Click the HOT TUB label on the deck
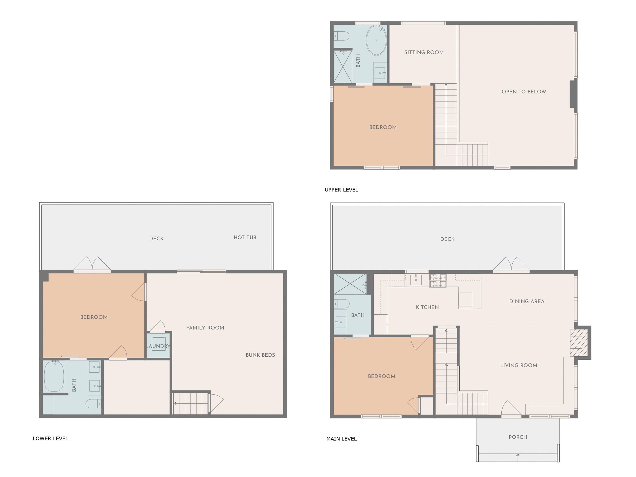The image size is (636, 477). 245,238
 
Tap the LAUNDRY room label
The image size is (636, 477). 158,346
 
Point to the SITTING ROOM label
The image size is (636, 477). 424,52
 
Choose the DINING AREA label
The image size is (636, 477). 527,301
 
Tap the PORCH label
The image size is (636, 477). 518,437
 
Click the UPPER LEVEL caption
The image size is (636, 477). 341,190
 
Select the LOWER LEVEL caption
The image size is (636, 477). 50,438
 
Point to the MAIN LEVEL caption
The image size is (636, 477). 341,439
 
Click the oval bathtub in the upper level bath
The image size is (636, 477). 376,40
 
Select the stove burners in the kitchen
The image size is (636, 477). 438,281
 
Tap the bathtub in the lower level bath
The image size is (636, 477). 54,376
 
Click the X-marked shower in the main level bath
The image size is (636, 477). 350,284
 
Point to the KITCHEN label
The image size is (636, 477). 427,307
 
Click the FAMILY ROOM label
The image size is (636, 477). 205,328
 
